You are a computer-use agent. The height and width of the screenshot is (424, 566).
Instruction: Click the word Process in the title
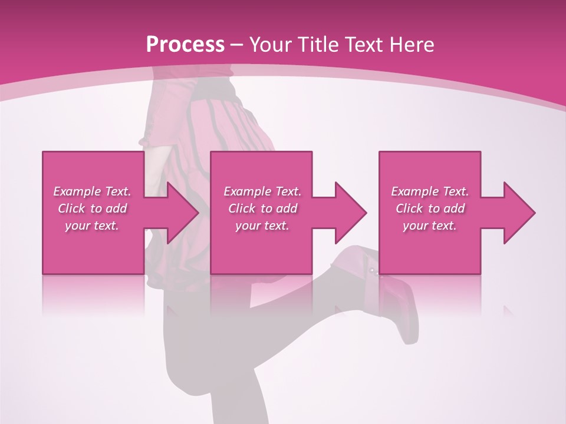(185, 45)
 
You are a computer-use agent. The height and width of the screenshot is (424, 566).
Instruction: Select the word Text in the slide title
(367, 45)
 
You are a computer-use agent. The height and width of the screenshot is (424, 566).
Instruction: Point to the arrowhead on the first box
(180, 213)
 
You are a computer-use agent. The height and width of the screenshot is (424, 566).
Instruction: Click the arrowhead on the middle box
(349, 213)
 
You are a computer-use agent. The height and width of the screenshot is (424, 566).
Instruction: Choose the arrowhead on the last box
(518, 213)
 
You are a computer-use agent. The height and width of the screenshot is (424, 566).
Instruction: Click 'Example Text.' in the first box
(92, 191)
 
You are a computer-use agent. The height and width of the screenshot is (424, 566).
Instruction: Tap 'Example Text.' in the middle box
(262, 191)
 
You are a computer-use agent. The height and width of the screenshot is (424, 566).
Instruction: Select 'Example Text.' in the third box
(430, 191)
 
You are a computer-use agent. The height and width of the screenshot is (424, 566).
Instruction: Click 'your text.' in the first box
(92, 226)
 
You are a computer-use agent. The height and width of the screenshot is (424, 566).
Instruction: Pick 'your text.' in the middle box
(262, 226)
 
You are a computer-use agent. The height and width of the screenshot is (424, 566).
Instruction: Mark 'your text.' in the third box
(430, 226)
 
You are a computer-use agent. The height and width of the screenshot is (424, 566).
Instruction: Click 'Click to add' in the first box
(92, 208)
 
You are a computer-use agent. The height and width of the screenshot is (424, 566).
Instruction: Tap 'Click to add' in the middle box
(262, 208)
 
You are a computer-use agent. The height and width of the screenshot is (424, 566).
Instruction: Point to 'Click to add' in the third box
(430, 208)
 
